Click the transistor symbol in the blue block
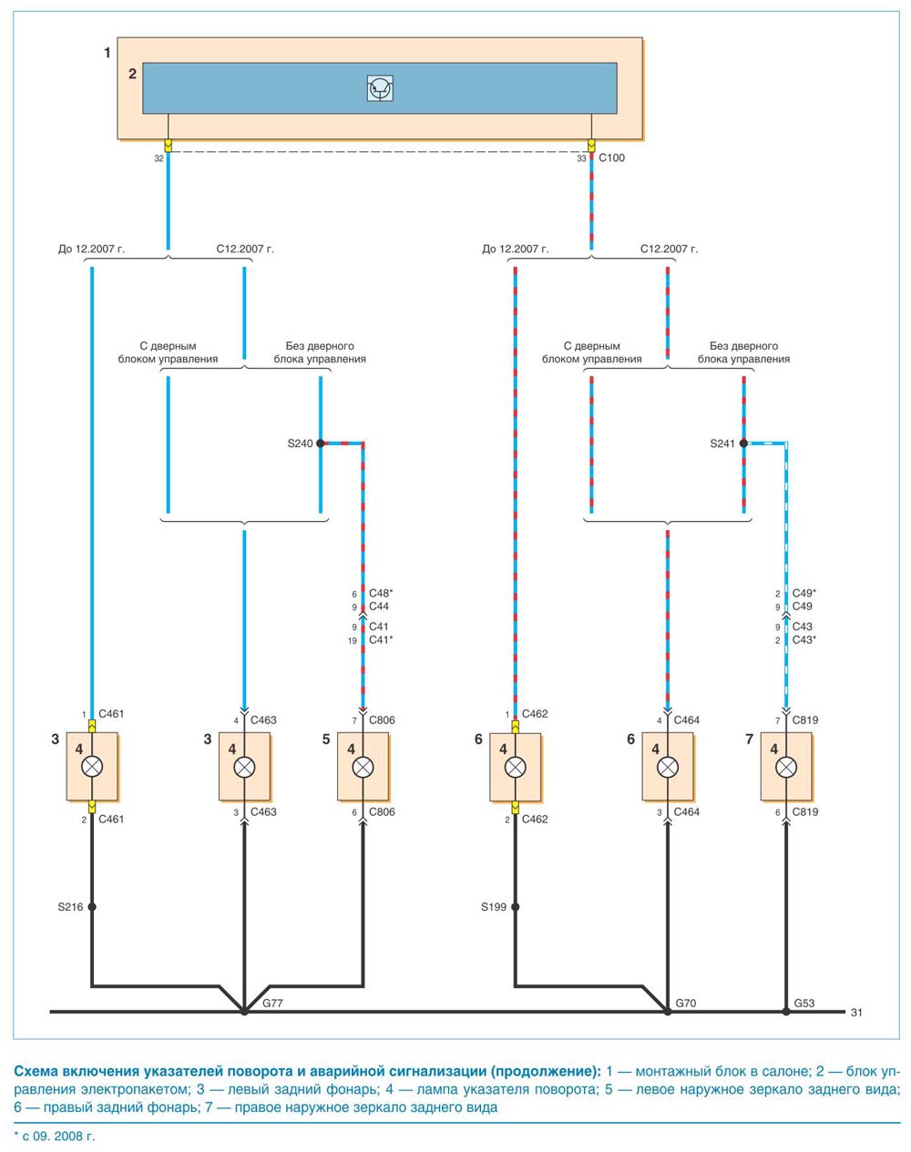coord(380,88)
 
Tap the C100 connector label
coord(611,158)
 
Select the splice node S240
coord(321,443)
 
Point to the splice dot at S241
coord(743,443)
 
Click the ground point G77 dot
coord(244,1012)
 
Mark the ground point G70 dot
coord(668,1012)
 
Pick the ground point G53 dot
coord(785,1012)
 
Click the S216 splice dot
coord(92,907)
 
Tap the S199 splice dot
coord(516,907)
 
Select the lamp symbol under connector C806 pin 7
coord(363,767)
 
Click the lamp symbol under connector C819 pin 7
coord(785,767)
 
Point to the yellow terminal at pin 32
coord(169,146)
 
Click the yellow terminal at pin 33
coord(591,146)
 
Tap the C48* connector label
coord(381,593)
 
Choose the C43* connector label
coord(804,639)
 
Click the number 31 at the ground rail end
coord(856,1013)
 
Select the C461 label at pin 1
coord(111,714)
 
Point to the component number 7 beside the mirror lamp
coord(749,739)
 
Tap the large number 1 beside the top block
coord(107,53)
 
